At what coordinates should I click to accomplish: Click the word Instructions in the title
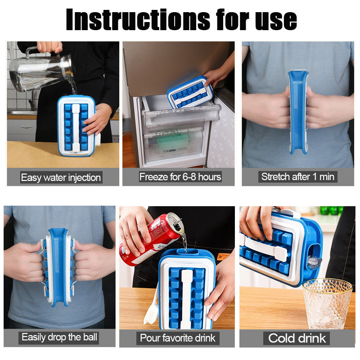(138, 19)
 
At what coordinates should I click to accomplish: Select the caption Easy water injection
(61, 177)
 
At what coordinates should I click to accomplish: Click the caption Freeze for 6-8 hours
(180, 177)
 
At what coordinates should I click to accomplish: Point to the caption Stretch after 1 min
(297, 177)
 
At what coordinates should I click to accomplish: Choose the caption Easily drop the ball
(59, 337)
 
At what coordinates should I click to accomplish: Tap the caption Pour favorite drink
(177, 338)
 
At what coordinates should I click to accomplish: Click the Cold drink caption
(297, 338)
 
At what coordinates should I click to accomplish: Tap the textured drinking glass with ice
(327, 303)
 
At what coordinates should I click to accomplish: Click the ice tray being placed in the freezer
(189, 92)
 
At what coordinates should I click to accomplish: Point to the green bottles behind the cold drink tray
(331, 210)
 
